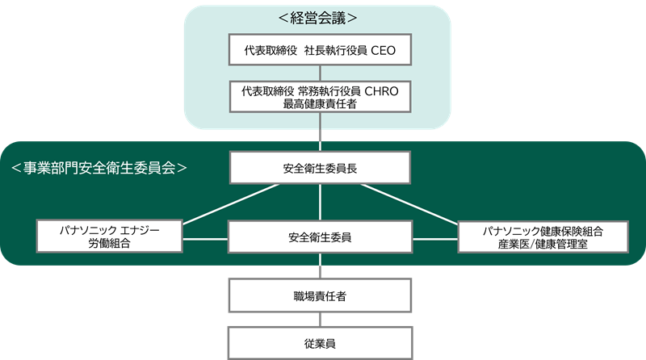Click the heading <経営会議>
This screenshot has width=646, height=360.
[x=321, y=17]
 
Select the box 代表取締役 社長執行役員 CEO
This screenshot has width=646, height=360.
[x=321, y=51]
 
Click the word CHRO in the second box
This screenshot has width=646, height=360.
[x=384, y=90]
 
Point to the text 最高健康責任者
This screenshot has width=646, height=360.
[x=321, y=104]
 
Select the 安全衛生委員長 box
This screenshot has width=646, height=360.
[x=321, y=169]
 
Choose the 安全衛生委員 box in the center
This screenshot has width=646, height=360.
[x=321, y=238]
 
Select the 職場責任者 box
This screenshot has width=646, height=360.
[x=321, y=296]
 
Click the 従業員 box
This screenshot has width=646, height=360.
[x=321, y=343]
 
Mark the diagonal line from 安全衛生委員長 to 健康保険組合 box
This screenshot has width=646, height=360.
[x=409, y=203]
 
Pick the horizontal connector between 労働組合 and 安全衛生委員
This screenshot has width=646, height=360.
[x=205, y=238]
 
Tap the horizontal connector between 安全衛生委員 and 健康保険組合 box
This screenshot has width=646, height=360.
[x=436, y=238]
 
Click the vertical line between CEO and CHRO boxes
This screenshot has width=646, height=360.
[x=321, y=73]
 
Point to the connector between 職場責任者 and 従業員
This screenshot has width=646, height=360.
[x=321, y=319]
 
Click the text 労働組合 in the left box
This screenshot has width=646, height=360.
[x=109, y=244]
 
